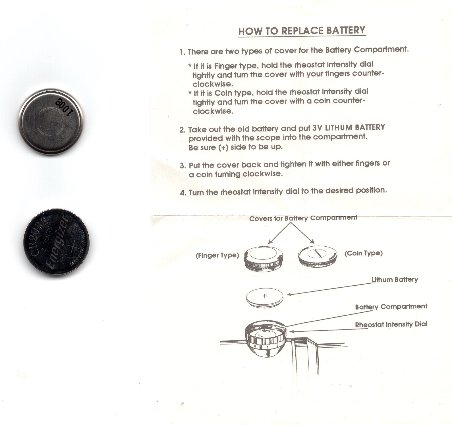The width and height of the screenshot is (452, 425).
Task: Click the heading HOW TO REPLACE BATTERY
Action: [x=302, y=31]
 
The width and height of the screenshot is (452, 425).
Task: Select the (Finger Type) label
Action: [x=217, y=255]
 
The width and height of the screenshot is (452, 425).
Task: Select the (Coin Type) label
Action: [x=363, y=253]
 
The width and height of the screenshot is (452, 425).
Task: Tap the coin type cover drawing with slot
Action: [x=318, y=254]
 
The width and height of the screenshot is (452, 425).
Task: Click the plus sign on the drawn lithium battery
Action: [x=264, y=296]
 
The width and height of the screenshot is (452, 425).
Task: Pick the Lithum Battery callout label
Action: [x=395, y=280]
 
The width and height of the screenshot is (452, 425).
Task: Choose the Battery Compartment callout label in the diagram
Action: [x=391, y=307]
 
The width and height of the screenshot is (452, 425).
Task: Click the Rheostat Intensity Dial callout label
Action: [x=391, y=325]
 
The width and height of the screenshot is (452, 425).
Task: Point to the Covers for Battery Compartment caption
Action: [x=303, y=218]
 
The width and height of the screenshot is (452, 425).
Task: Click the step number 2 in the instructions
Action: [x=183, y=130]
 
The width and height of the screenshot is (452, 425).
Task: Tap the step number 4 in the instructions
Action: [x=183, y=193]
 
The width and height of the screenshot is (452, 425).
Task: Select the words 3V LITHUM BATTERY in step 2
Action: [x=349, y=127]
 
